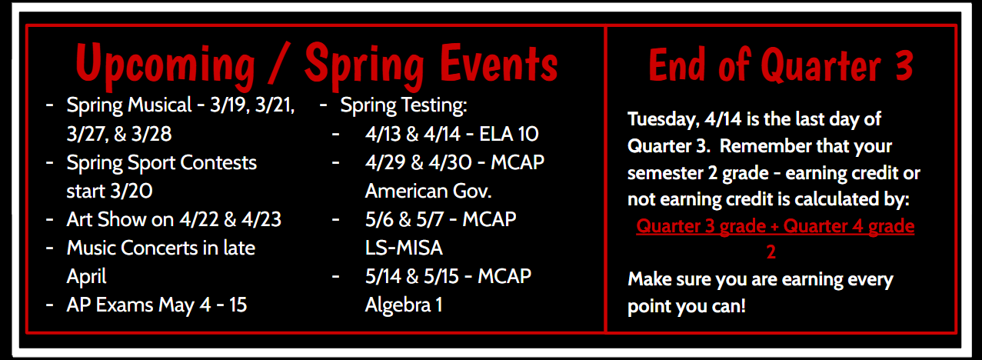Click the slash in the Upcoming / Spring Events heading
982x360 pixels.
[x=280, y=65]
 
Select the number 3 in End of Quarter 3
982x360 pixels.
[x=904, y=65]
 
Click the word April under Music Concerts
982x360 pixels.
[x=86, y=276]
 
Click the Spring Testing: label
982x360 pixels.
[x=404, y=105]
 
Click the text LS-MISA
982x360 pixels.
[x=404, y=248]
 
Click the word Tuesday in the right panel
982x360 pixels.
[x=659, y=120]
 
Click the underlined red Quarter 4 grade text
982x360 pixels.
[x=849, y=227]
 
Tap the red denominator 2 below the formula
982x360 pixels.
[x=771, y=252]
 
